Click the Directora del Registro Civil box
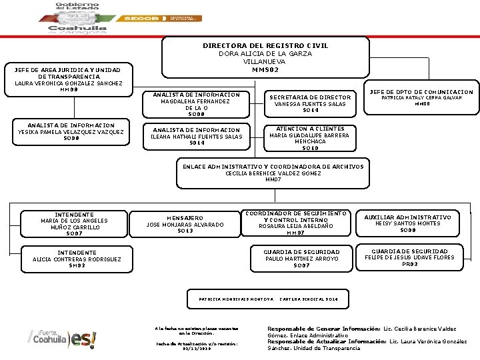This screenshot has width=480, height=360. (x=265, y=57)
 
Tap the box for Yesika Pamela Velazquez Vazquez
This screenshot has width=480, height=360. (x=71, y=132)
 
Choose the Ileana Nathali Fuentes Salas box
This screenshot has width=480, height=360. (x=197, y=136)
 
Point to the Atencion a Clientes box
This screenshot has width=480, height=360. (x=309, y=138)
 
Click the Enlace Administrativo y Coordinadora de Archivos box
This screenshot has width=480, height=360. (x=273, y=172)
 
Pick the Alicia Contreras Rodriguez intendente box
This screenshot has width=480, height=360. (x=77, y=259)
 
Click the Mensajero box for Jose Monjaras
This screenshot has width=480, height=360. (x=185, y=223)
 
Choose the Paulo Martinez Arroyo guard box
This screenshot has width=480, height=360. (x=301, y=258)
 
